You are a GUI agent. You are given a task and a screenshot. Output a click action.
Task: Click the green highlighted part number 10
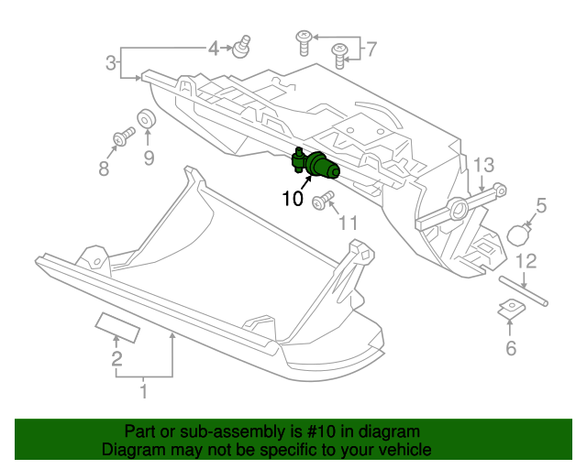tap(317, 166)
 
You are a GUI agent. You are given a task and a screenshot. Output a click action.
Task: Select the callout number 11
tap(348, 222)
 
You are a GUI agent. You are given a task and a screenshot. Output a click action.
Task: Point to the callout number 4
tap(213, 48)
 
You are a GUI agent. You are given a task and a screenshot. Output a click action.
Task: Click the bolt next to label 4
tap(243, 46)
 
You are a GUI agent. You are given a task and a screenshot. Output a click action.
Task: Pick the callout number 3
tap(110, 64)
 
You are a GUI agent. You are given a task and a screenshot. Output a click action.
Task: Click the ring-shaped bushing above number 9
tap(146, 120)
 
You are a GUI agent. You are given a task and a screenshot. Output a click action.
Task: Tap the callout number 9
tap(148, 158)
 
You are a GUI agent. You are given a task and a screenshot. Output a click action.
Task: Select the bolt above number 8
tap(120, 139)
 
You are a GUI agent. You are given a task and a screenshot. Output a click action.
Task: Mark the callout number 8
tap(103, 169)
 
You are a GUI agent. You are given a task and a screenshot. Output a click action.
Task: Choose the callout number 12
tap(524, 262)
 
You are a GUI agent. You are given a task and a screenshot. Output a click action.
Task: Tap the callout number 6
tap(511, 347)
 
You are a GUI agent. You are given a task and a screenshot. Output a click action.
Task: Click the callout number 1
tap(143, 394)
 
